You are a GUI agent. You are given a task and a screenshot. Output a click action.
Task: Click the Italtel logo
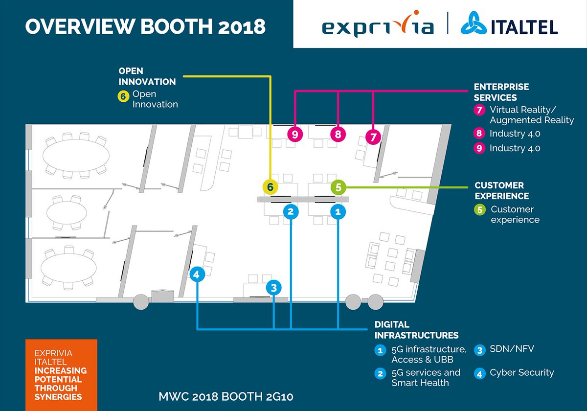tap(509, 24)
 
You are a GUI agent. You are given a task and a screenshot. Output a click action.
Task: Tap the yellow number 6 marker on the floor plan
tap(270, 186)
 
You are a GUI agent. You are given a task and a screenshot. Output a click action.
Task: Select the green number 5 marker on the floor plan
tap(339, 186)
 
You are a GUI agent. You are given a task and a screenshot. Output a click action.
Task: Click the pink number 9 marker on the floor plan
tap(294, 134)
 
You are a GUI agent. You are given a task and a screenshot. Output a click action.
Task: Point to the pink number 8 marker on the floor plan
tap(338, 134)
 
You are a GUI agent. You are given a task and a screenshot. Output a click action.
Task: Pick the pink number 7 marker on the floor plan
tap(373, 137)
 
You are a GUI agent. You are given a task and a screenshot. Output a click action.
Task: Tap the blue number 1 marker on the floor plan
tap(338, 211)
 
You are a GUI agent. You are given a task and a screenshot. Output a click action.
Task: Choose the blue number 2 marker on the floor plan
tap(291, 211)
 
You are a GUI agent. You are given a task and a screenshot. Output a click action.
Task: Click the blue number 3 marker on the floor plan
tap(274, 287)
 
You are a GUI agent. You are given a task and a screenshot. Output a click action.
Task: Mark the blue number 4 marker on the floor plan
tap(197, 274)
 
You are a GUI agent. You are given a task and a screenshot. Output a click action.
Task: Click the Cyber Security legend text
tap(521, 373)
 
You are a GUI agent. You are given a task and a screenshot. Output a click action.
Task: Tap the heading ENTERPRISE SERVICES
tap(501, 92)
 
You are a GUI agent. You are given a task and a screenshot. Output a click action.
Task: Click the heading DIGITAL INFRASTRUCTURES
tap(416, 330)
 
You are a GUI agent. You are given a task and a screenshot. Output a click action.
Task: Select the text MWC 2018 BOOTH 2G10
tap(226, 396)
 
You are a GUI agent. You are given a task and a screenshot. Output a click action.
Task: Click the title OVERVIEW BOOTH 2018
tap(145, 26)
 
